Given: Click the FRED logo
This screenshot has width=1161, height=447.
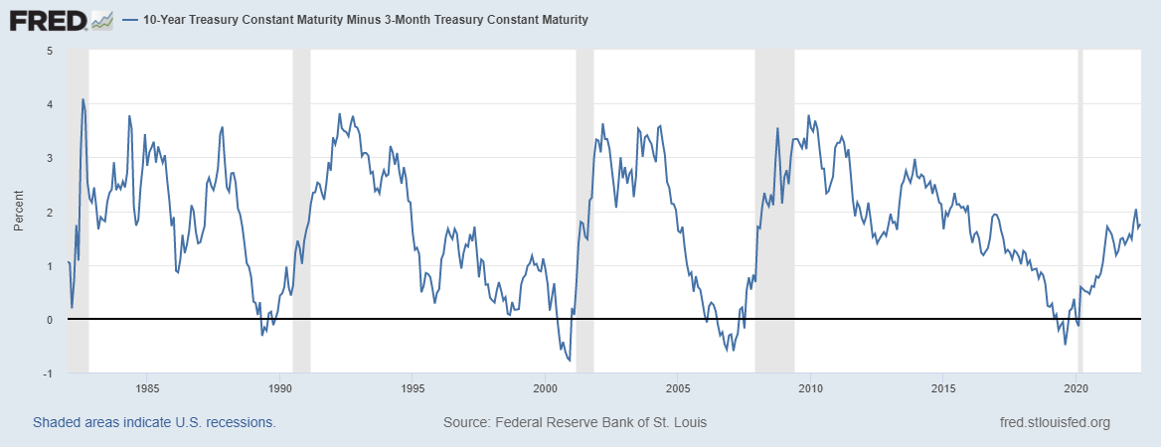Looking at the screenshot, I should tap(61, 19).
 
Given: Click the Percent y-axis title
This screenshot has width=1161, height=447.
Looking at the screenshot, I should tap(18, 212).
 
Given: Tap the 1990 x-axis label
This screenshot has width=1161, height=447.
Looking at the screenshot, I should tap(279, 387).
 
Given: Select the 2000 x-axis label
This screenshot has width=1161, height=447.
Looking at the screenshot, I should tap(545, 387).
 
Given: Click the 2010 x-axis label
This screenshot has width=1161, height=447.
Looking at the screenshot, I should tap(810, 387).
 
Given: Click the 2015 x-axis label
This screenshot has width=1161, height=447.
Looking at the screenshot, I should tap(943, 387).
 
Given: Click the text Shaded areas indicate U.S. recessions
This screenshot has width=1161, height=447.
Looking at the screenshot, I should tap(154, 422).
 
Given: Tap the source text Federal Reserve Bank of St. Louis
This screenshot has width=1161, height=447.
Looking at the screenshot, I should tap(575, 422).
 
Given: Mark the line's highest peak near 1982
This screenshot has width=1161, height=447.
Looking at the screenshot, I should tap(83, 99).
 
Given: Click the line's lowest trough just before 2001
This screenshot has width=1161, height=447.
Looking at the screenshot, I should tap(569, 360).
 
